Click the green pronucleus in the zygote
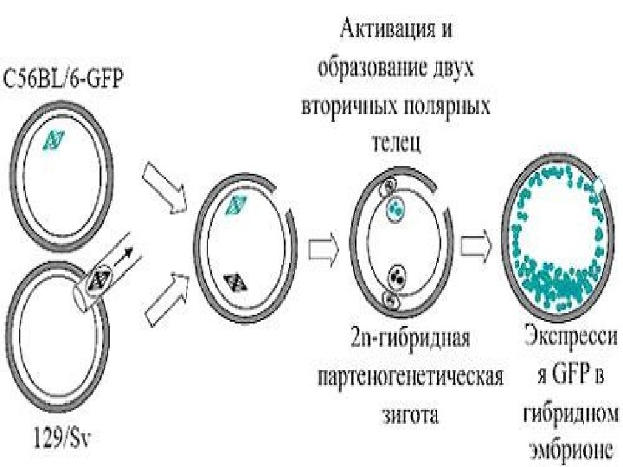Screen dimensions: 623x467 [x=395, y=208]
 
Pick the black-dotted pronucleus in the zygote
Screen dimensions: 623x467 [x=397, y=277]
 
